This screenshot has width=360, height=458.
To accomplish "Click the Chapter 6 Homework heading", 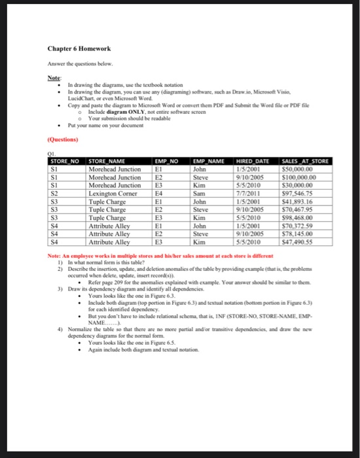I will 74,48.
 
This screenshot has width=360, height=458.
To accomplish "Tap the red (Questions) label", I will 62,139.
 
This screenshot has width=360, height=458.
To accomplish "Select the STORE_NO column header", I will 65,160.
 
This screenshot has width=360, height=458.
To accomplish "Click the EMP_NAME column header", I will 209,160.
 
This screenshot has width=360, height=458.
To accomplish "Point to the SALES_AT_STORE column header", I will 305,160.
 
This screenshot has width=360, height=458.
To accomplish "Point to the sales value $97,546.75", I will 297,194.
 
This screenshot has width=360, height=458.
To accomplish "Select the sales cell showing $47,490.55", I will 297,242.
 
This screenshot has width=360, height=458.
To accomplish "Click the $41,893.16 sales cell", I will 297,202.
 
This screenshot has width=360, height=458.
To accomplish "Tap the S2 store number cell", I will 55,194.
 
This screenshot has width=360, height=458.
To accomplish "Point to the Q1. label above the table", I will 54,154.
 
